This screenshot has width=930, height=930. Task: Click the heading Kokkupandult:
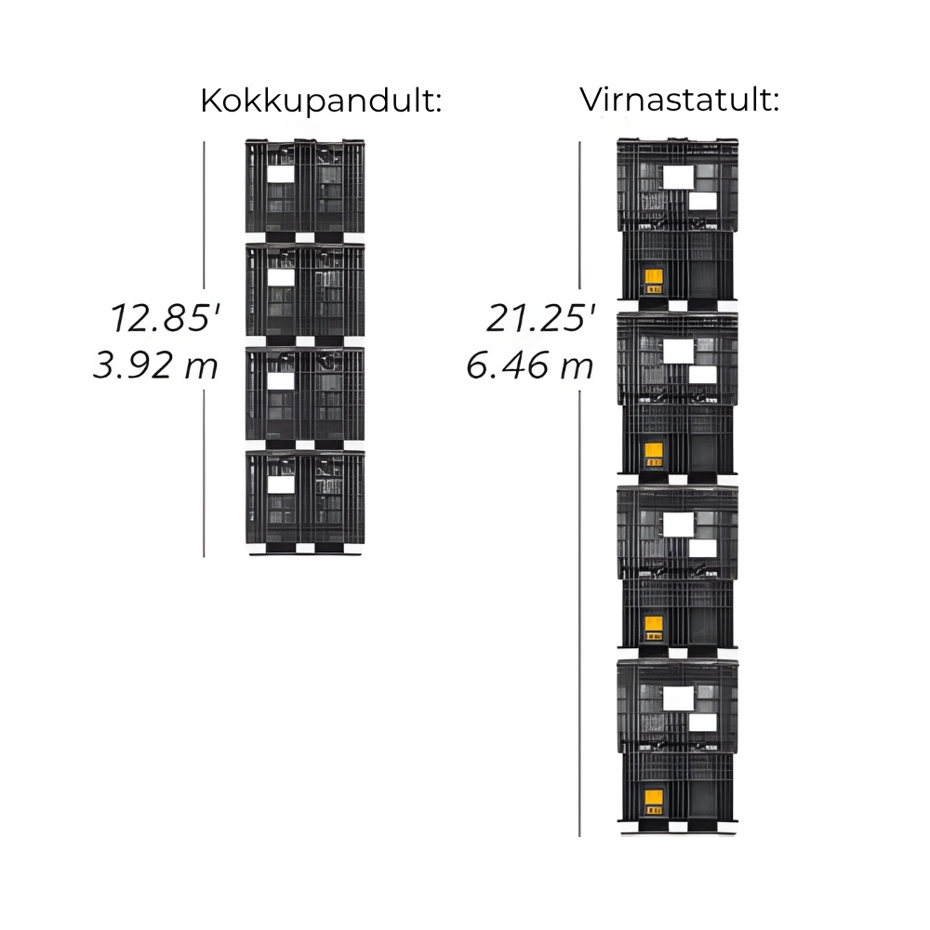[x=321, y=101]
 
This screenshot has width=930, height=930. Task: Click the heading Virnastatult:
[x=679, y=100]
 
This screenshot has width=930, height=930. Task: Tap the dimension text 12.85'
[x=165, y=317]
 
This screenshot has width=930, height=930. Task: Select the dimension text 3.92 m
[x=155, y=365]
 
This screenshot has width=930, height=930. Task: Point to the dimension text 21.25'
[x=541, y=317]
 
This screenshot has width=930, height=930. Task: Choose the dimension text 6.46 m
[x=529, y=365]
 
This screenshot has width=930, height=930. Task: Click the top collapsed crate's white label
[x=281, y=174]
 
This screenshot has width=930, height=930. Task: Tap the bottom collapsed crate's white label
[x=281, y=485]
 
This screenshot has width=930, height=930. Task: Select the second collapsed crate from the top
[x=305, y=294]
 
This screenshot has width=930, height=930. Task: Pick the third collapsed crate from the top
[x=305, y=398]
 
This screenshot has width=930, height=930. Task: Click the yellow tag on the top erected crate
[x=654, y=281]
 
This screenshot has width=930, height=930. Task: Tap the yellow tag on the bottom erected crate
[x=654, y=803]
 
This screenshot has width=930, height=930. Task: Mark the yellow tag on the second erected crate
[x=654, y=455]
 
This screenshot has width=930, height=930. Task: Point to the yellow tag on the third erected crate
[x=654, y=629]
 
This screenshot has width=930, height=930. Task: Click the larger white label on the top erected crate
[x=679, y=177]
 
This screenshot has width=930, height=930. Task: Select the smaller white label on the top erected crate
[x=703, y=202]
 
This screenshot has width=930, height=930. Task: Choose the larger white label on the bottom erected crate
[x=679, y=698]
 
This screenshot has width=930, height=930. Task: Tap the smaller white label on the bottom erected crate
[x=703, y=723]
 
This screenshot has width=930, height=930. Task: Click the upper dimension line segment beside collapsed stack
[x=204, y=215]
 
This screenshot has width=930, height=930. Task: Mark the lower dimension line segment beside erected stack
[x=579, y=613]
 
